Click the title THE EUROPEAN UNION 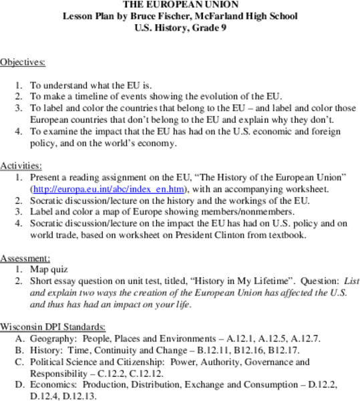click(x=180, y=4)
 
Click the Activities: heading click(x=21, y=164)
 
